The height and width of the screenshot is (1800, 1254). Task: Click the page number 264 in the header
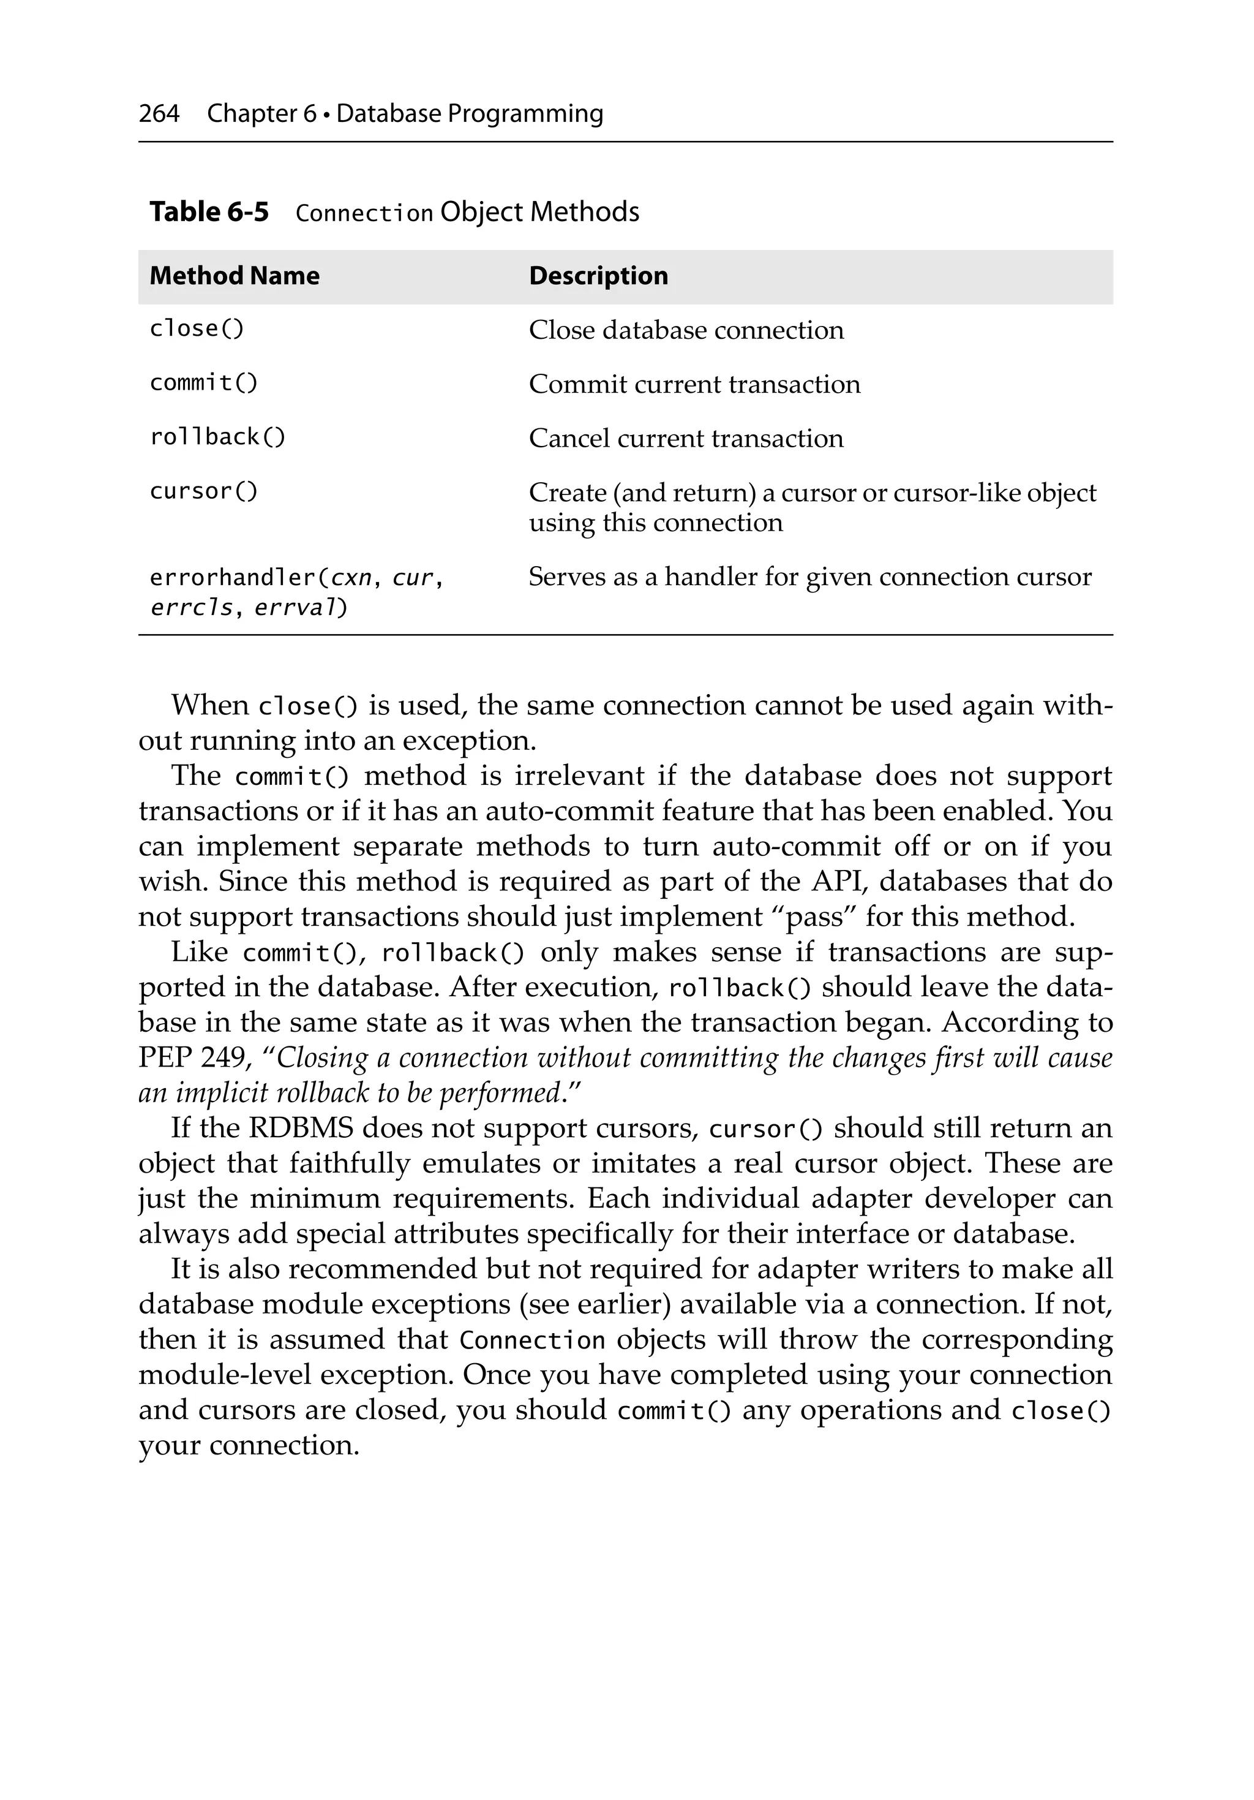(x=159, y=114)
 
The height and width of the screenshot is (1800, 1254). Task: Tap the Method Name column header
(x=235, y=276)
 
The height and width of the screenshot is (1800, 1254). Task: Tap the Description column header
(x=598, y=276)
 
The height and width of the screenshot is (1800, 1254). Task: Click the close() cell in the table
(x=197, y=328)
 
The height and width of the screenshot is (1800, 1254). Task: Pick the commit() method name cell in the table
(x=203, y=382)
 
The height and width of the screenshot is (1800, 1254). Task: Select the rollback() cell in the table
(x=217, y=437)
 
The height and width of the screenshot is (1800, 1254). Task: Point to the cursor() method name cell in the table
(x=203, y=491)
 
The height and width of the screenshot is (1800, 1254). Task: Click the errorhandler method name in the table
(x=232, y=578)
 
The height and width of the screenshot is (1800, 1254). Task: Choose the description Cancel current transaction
(x=686, y=438)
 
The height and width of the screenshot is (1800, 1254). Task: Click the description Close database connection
(x=686, y=330)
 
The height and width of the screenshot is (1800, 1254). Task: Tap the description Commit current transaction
(x=694, y=384)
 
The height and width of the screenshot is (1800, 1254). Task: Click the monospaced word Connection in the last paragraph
(x=532, y=1341)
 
